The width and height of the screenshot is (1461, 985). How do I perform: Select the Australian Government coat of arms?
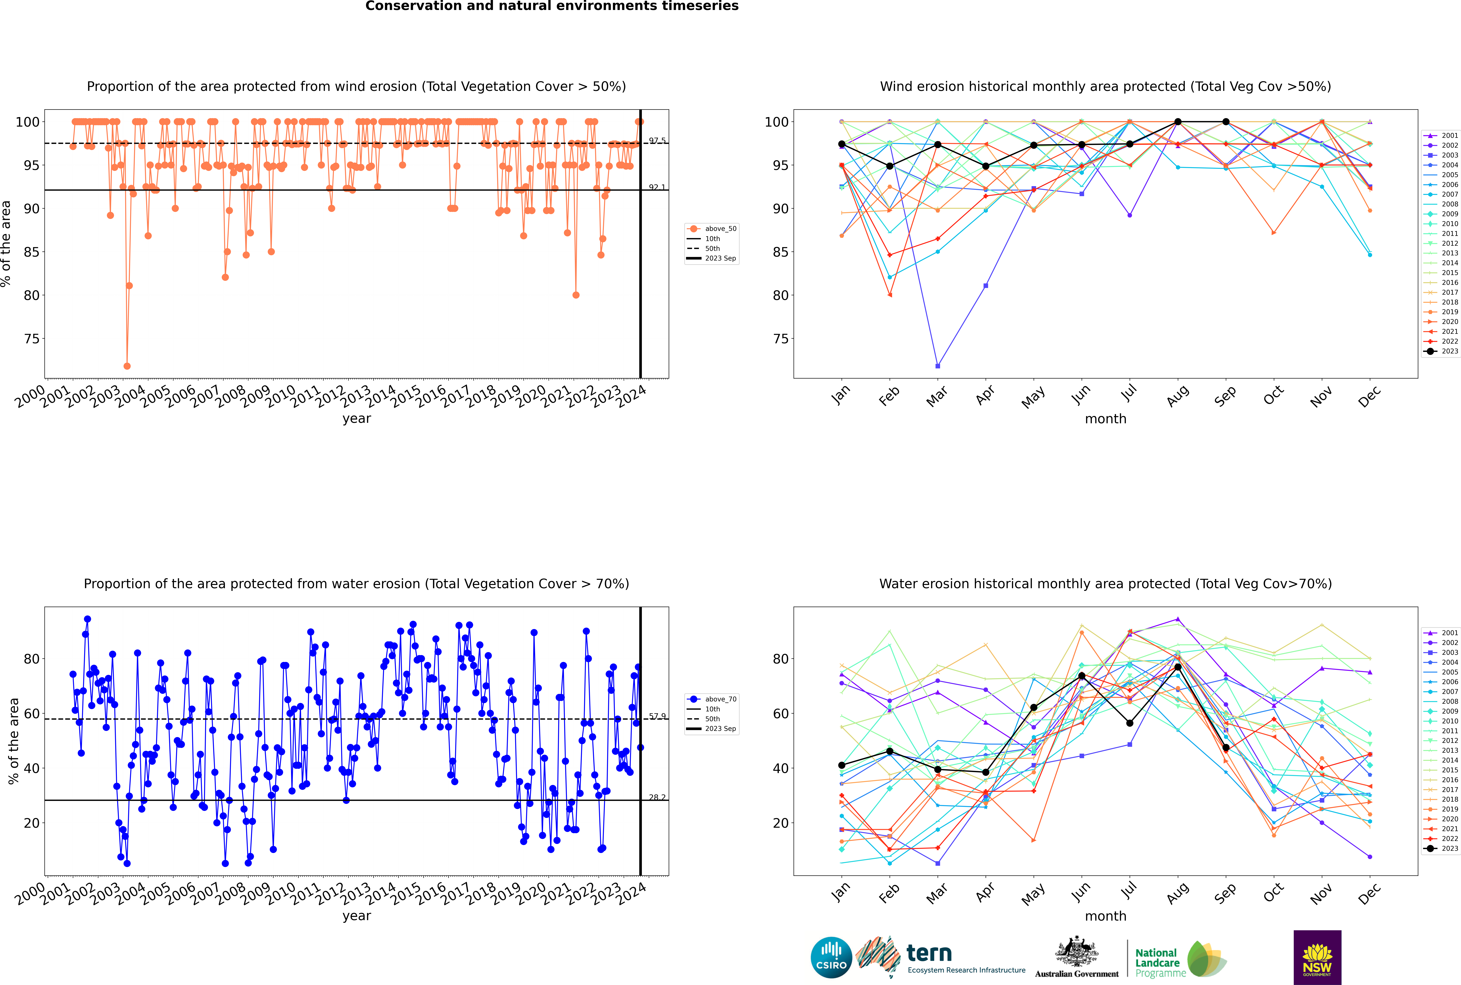click(x=1077, y=952)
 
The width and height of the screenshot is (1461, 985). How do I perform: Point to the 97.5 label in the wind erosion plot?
click(x=657, y=141)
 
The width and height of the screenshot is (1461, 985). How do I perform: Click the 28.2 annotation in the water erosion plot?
click(x=657, y=797)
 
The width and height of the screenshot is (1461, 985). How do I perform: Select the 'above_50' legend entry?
click(x=712, y=229)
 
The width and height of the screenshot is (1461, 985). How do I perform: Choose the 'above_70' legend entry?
click(x=712, y=699)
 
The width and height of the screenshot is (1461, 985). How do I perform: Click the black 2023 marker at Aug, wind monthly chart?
click(x=1178, y=122)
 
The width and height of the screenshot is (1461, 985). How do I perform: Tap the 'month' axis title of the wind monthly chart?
click(x=1105, y=419)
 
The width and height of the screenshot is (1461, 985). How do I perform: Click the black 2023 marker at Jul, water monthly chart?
click(x=1129, y=723)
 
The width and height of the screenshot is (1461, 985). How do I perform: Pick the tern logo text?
click(x=929, y=954)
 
